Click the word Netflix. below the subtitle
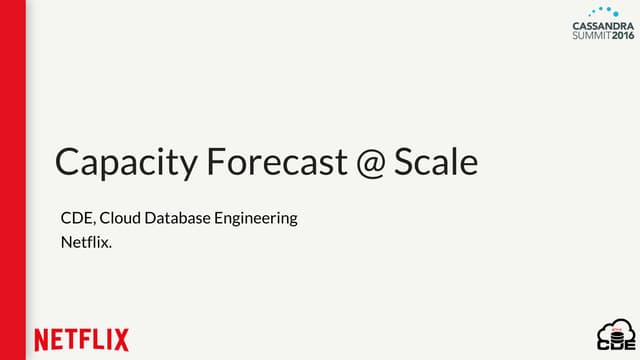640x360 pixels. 86,241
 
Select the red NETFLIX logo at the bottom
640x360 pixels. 81,339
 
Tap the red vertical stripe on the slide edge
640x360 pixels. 12,180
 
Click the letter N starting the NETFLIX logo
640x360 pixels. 42,339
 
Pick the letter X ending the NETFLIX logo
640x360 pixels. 121,339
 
